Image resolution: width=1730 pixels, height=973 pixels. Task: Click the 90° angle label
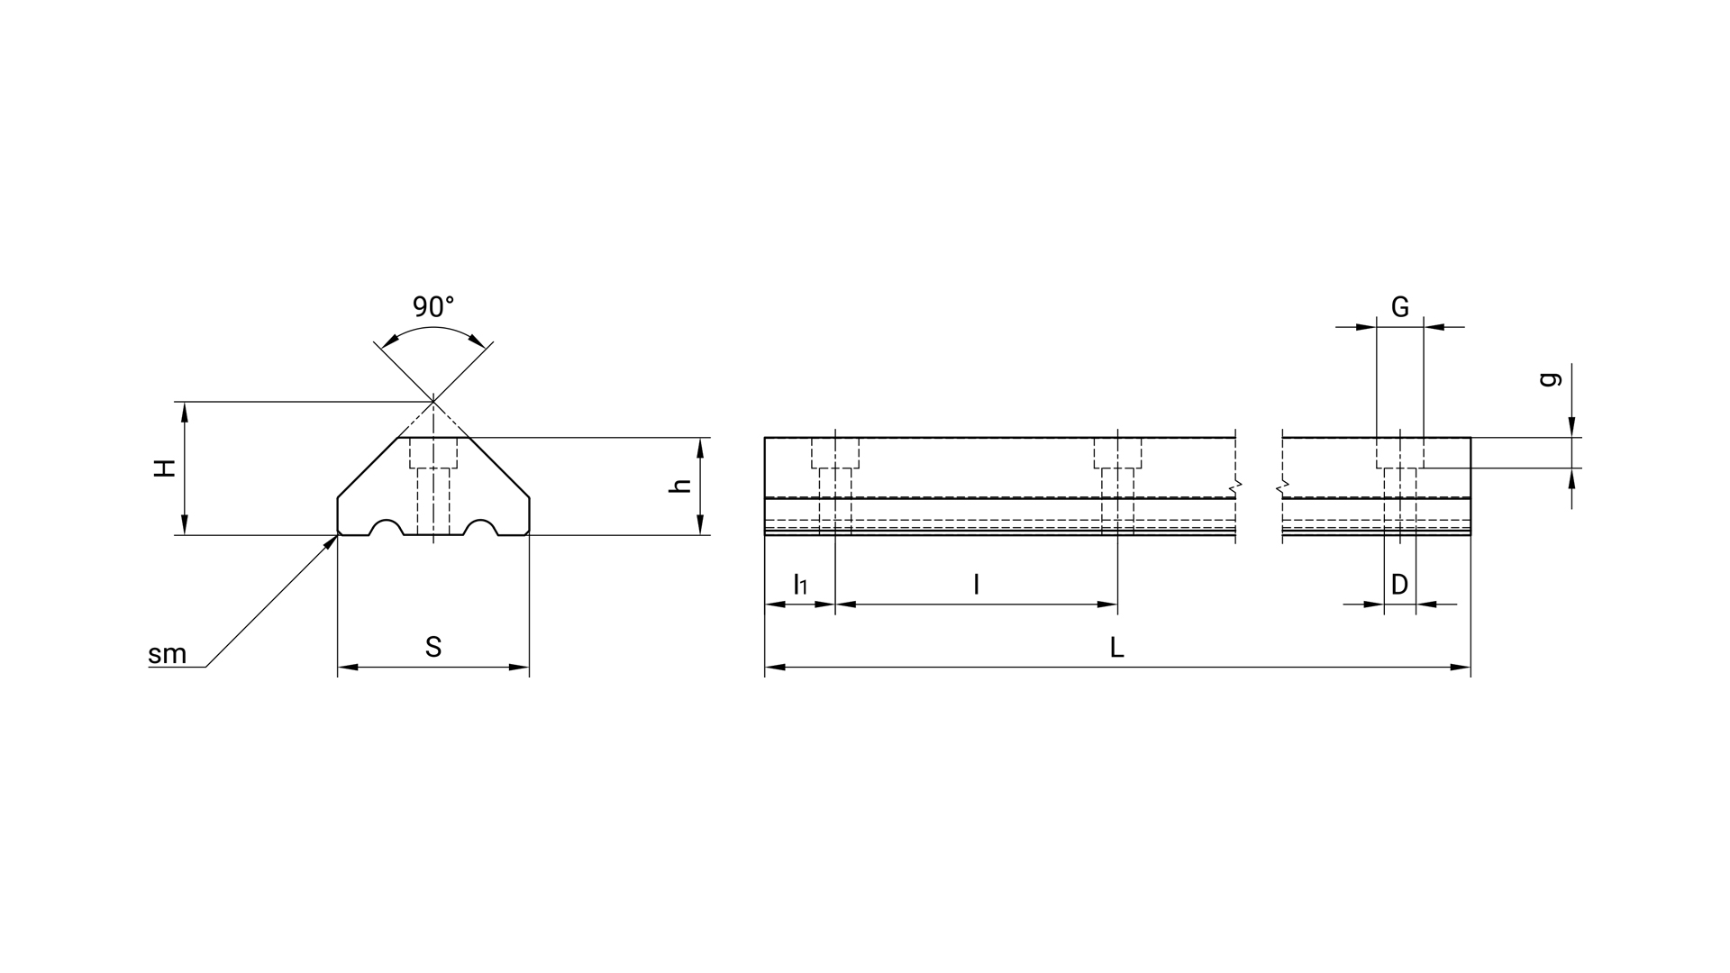click(433, 307)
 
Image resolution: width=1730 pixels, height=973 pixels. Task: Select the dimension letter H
click(164, 468)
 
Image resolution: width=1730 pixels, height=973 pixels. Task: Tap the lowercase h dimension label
click(682, 485)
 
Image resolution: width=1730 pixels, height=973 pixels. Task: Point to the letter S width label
click(433, 647)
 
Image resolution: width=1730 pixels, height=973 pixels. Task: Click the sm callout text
click(168, 654)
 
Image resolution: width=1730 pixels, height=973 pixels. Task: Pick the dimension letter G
click(1400, 307)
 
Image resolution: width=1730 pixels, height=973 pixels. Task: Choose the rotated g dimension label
click(1550, 379)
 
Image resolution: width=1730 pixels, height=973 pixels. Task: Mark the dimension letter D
click(1399, 585)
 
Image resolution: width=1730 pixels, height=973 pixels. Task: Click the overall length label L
click(1117, 647)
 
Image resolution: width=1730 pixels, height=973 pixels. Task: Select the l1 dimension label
click(800, 585)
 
